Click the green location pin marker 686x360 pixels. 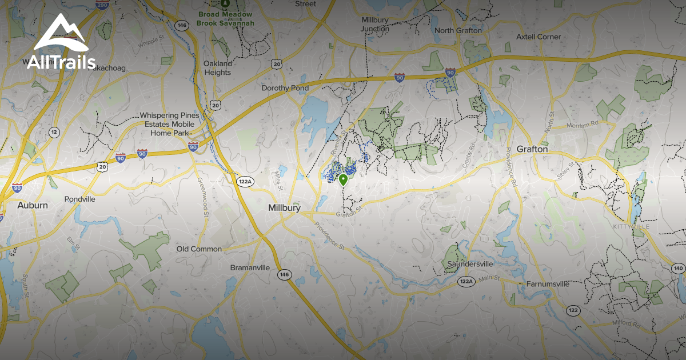[x=343, y=181]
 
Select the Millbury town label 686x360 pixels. [x=284, y=208]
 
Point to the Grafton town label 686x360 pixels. [x=532, y=149]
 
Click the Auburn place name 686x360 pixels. [x=33, y=205]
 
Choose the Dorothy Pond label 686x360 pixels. [x=285, y=88]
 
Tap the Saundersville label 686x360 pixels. [x=470, y=265]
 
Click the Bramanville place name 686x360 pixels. [x=250, y=267]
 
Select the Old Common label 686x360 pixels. [x=199, y=249]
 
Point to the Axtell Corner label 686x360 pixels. [x=538, y=37]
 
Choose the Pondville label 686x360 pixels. [x=80, y=199]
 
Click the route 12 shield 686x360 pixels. [x=54, y=132]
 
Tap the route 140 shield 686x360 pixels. [x=678, y=268]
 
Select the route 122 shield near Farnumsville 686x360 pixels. [x=573, y=310]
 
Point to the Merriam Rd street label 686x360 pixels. [x=583, y=123]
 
